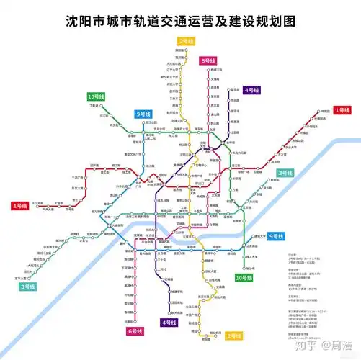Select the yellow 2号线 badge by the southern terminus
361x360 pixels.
[233, 336]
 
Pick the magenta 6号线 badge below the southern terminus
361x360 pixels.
[135, 330]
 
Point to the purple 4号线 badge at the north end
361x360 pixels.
[251, 90]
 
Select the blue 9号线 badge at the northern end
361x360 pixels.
[143, 114]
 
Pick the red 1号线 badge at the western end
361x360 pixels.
[19, 206]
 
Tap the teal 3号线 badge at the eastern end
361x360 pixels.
[285, 173]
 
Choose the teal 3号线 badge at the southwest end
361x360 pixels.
[28, 287]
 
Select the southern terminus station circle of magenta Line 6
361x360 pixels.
[135, 322]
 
